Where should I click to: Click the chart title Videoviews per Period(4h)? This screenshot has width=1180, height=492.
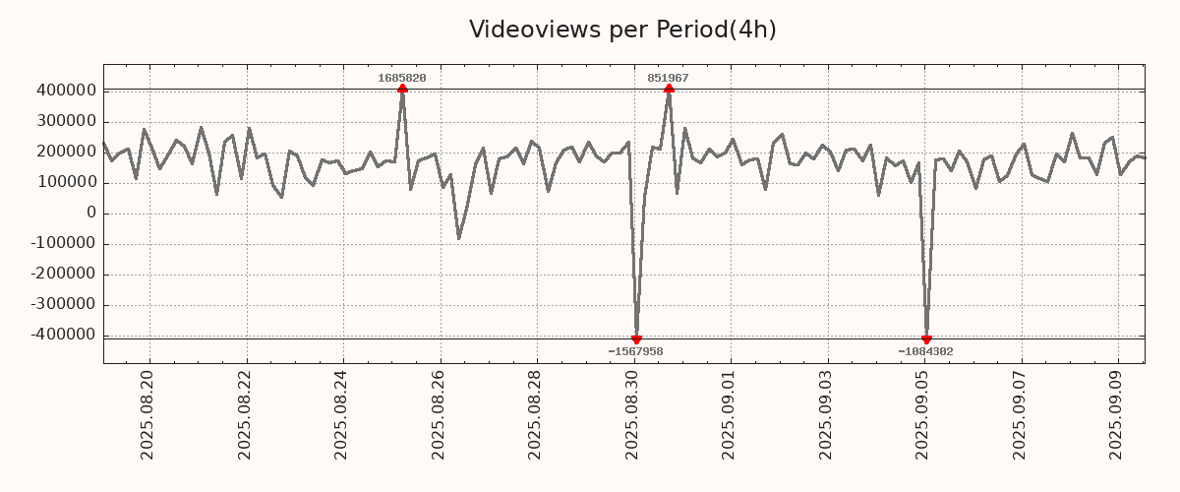pyautogui.click(x=622, y=30)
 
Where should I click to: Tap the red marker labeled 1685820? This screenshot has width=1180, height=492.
pyautogui.click(x=402, y=90)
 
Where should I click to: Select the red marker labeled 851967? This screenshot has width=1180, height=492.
pyautogui.click(x=669, y=89)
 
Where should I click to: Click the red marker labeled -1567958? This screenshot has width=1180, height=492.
pyautogui.click(x=636, y=339)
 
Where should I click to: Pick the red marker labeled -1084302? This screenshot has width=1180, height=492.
pyautogui.click(x=926, y=339)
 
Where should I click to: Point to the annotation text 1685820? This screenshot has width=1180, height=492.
pyautogui.click(x=402, y=78)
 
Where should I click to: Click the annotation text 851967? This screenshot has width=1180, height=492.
pyautogui.click(x=668, y=78)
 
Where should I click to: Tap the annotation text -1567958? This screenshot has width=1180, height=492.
pyautogui.click(x=635, y=351)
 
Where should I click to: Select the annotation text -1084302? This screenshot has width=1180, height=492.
pyautogui.click(x=925, y=351)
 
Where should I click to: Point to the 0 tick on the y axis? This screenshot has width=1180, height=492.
pyautogui.click(x=90, y=213)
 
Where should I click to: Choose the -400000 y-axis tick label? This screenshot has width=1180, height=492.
pyautogui.click(x=61, y=335)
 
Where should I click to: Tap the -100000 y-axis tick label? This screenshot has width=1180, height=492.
pyautogui.click(x=61, y=243)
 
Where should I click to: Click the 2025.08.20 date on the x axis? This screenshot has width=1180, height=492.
pyautogui.click(x=148, y=414)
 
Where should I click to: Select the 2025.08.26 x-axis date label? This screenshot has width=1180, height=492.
pyautogui.click(x=439, y=414)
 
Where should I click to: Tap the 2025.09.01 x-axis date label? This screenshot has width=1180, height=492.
pyautogui.click(x=729, y=414)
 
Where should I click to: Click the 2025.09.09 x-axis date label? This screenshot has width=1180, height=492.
pyautogui.click(x=1116, y=414)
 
